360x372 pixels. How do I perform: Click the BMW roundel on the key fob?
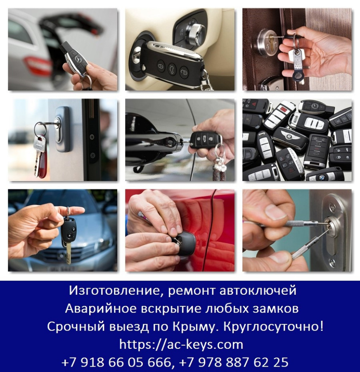coord(321,177)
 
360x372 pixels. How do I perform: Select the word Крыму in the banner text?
coord(194,327)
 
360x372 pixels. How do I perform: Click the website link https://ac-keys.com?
coord(181,344)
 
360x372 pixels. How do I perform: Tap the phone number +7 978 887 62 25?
coord(234,362)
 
